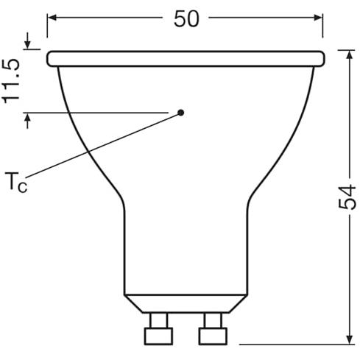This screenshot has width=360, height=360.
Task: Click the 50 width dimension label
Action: click(186, 19)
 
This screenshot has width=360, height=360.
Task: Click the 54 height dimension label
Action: click(347, 197)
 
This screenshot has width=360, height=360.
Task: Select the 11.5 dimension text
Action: click(10, 81)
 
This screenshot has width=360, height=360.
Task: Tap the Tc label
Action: click(16, 183)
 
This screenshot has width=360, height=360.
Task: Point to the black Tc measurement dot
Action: click(181, 113)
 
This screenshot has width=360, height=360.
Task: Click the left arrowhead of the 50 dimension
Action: click(52, 18)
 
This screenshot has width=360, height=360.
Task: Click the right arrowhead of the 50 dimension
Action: click(318, 18)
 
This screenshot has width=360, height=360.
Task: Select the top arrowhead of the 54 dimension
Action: click(350, 54)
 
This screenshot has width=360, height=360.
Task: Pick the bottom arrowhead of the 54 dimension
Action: click(350, 339)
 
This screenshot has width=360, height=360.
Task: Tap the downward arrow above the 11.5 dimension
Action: click(27, 40)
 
